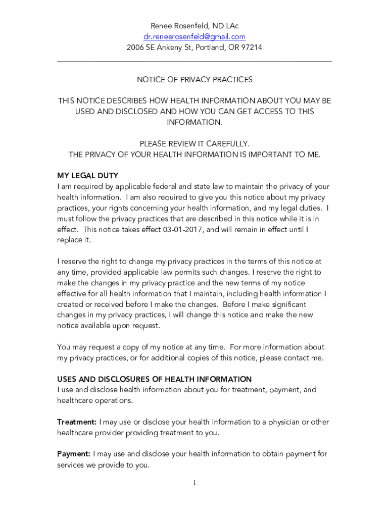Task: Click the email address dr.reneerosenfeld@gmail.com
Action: (194, 36)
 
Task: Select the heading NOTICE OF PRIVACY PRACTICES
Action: (194, 80)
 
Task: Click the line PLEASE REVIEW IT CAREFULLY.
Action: (194, 144)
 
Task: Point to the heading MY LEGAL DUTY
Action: (87, 176)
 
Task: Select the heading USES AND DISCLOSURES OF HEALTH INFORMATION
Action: (154, 379)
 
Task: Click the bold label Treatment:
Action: (77, 422)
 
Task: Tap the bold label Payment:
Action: (74, 454)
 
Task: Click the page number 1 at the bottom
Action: (194, 483)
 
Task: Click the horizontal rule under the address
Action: (194, 62)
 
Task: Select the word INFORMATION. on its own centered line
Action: (194, 122)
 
